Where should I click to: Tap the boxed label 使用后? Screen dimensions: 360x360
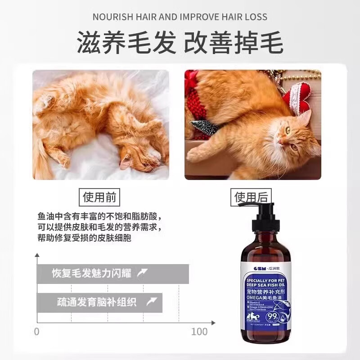pyautogui.click(x=251, y=197)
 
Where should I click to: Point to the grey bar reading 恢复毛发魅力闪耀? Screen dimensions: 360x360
pyautogui.click(x=112, y=274)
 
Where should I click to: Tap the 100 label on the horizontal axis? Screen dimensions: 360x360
pyautogui.click(x=199, y=332)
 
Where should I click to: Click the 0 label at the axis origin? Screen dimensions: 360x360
pyautogui.click(x=37, y=332)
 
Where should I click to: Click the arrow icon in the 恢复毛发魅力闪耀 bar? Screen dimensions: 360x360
pyautogui.click(x=142, y=273)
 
